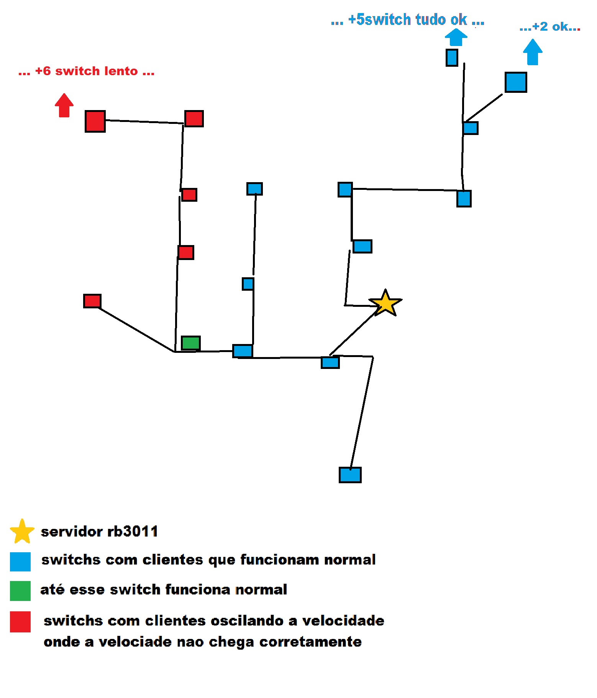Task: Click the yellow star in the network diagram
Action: click(x=385, y=303)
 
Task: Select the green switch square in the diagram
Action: click(x=190, y=343)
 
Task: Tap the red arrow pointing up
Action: click(x=64, y=105)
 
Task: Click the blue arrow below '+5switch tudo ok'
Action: click(x=456, y=38)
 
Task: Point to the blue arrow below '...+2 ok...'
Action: click(x=533, y=52)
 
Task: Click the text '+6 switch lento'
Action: click(x=87, y=71)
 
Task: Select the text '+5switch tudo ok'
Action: click(x=407, y=20)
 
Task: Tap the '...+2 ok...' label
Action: click(x=550, y=27)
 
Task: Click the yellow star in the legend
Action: click(x=22, y=532)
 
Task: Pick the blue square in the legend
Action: click(x=20, y=562)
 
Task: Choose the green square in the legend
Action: click(x=20, y=591)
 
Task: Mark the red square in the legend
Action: click(x=20, y=622)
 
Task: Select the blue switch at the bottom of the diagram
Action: click(x=350, y=475)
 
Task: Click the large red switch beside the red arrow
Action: click(x=95, y=121)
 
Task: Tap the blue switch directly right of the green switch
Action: click(x=243, y=351)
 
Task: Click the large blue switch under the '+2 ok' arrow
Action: click(x=516, y=82)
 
